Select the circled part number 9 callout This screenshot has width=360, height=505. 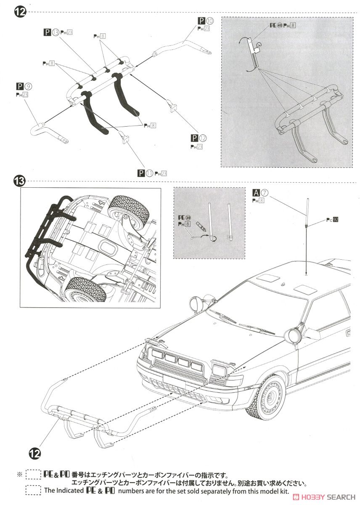coord(29,87)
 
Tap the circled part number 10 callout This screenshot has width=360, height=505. coord(210,21)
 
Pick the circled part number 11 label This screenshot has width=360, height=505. coord(150,173)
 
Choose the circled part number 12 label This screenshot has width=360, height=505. coord(204,138)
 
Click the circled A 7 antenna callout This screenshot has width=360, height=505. coord(264,193)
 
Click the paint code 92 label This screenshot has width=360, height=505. coord(335,219)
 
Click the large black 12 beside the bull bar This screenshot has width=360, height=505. coord(35,453)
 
